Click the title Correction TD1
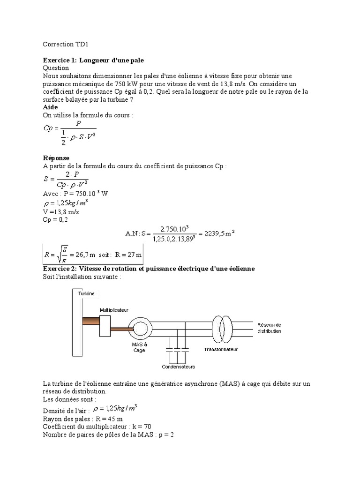(x=66, y=45)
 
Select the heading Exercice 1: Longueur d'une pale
(x=94, y=60)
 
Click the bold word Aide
(x=50, y=107)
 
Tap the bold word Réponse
(x=56, y=158)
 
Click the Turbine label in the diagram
(x=86, y=294)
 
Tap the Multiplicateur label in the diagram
(x=114, y=310)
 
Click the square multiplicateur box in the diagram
(x=105, y=326)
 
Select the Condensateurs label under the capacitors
(x=179, y=367)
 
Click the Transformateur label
(x=220, y=350)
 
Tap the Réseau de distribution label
(x=269, y=328)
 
